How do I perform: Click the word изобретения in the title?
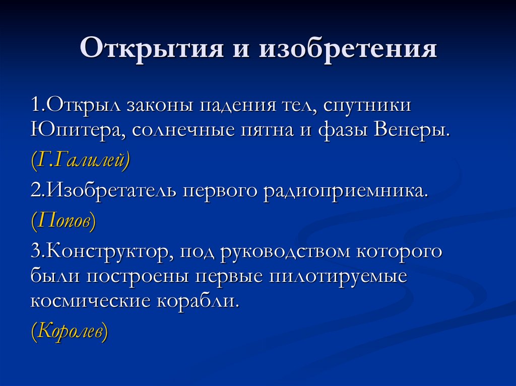(x=348, y=50)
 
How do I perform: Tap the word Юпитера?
(x=78, y=130)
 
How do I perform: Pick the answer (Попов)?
(x=63, y=221)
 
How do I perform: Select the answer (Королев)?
(x=70, y=332)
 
